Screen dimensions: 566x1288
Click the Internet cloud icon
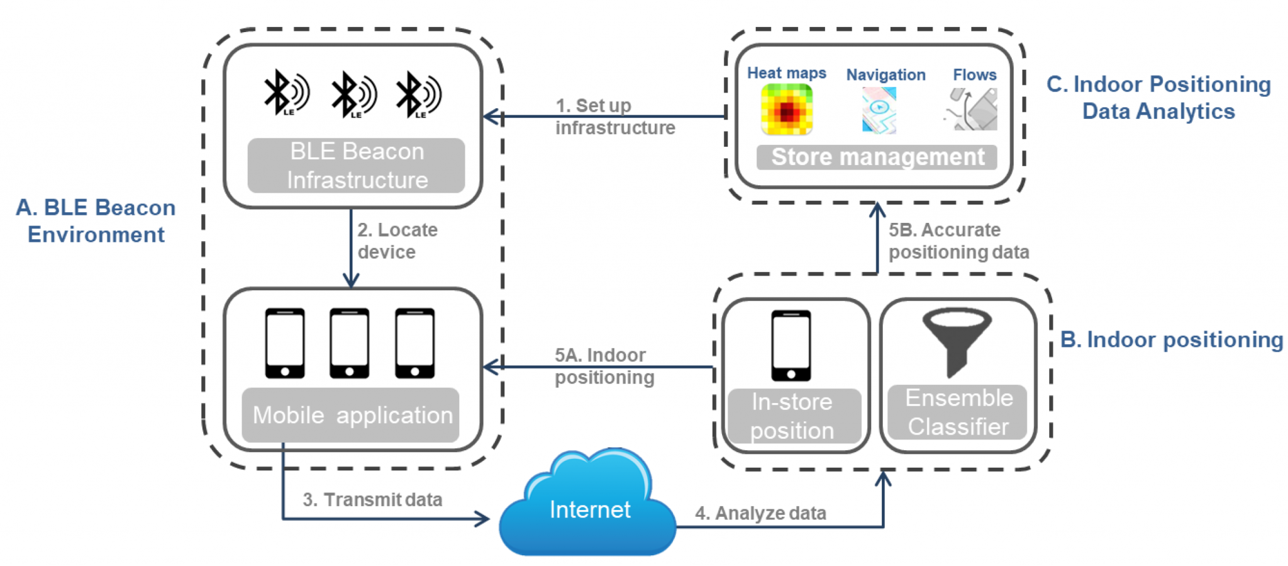[588, 504]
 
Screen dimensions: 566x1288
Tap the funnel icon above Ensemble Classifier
[957, 340]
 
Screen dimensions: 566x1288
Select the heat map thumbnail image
[786, 110]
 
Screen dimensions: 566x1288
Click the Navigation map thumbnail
[879, 110]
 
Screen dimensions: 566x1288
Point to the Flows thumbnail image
[972, 110]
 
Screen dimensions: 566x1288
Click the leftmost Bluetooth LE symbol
[286, 93]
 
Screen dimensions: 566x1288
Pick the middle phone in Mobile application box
[349, 342]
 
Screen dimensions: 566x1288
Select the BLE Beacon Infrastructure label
[356, 166]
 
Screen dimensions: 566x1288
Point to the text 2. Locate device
[397, 241]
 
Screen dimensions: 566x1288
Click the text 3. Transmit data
[372, 499]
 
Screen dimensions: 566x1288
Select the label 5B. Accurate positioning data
[958, 241]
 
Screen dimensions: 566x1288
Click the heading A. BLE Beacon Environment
[96, 220]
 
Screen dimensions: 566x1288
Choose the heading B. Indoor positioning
[1171, 339]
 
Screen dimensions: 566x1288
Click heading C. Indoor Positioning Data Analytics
[1158, 98]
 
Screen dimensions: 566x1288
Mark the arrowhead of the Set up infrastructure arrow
[489, 116]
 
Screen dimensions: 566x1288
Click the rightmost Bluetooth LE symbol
[418, 94]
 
